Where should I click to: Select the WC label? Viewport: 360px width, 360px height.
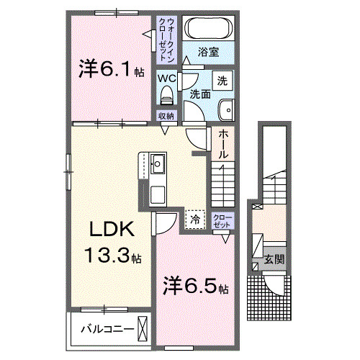167,78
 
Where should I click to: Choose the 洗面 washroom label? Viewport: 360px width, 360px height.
200,94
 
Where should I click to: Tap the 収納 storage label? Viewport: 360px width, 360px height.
166,115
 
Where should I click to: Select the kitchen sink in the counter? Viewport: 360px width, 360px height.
158,164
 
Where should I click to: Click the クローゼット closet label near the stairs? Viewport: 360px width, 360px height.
222,220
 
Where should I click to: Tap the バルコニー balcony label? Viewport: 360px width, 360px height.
107,329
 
